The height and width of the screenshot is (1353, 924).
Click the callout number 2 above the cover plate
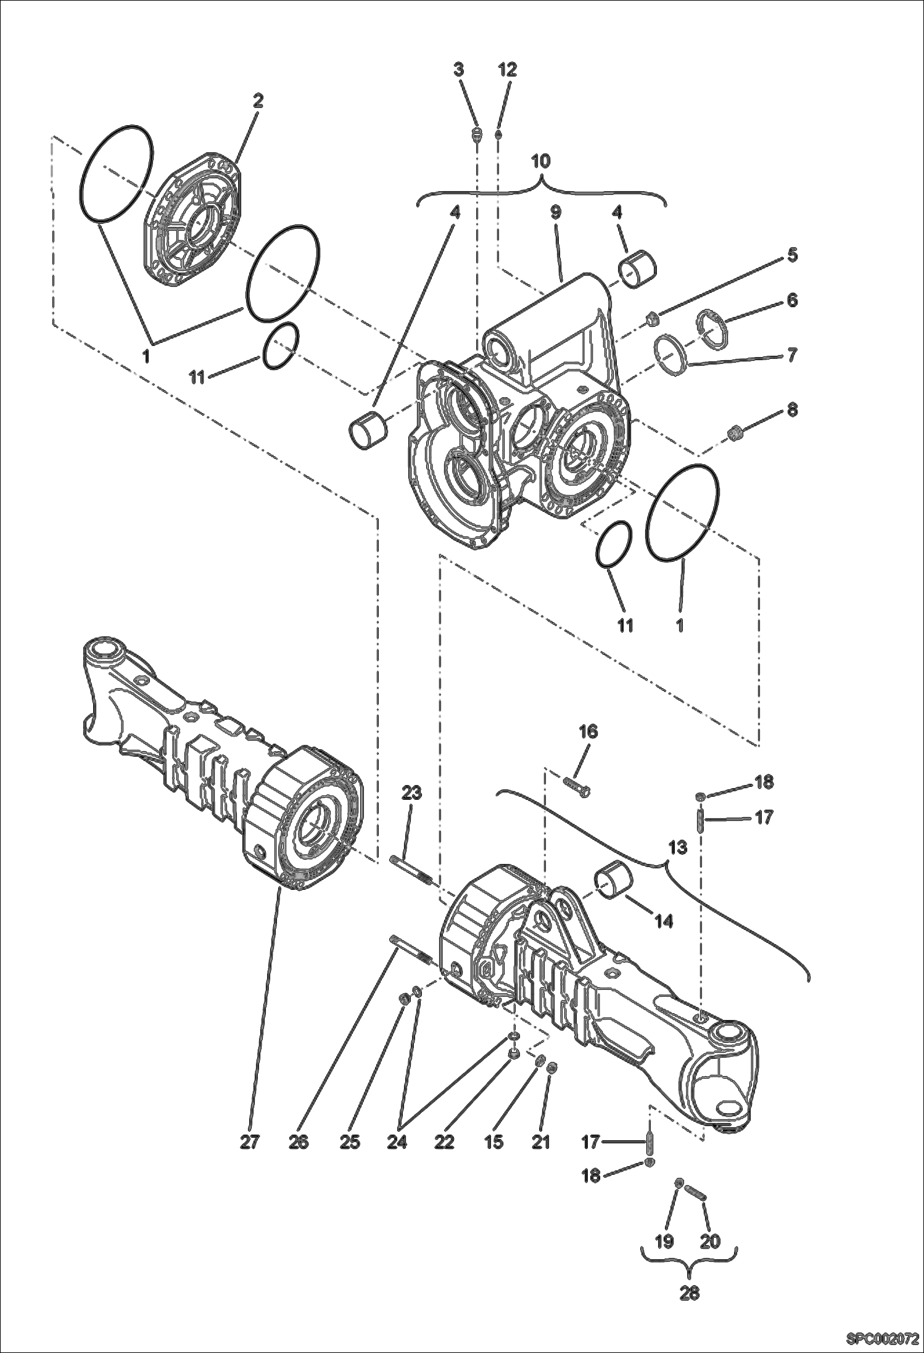[258, 101]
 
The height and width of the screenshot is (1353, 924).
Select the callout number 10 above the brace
[540, 161]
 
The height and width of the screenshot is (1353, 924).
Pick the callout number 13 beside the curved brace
[677, 847]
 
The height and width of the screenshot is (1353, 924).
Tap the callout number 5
[792, 254]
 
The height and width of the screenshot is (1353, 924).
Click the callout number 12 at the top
[507, 70]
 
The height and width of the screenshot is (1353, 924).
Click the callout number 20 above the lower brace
[711, 1241]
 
